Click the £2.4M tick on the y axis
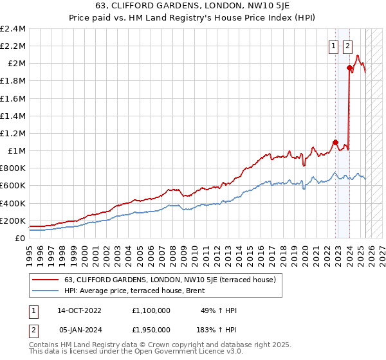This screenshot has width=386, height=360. click(14, 29)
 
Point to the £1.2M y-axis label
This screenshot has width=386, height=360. click(14, 134)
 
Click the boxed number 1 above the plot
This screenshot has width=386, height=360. click(335, 46)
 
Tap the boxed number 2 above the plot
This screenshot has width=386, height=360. click(348, 46)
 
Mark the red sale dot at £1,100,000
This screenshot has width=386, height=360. click(336, 142)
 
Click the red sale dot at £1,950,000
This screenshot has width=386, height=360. click(349, 67)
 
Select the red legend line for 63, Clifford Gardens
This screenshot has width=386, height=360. click(46, 280)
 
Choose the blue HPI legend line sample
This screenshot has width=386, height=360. click(46, 291)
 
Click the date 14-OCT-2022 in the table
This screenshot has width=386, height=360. click(79, 310)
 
